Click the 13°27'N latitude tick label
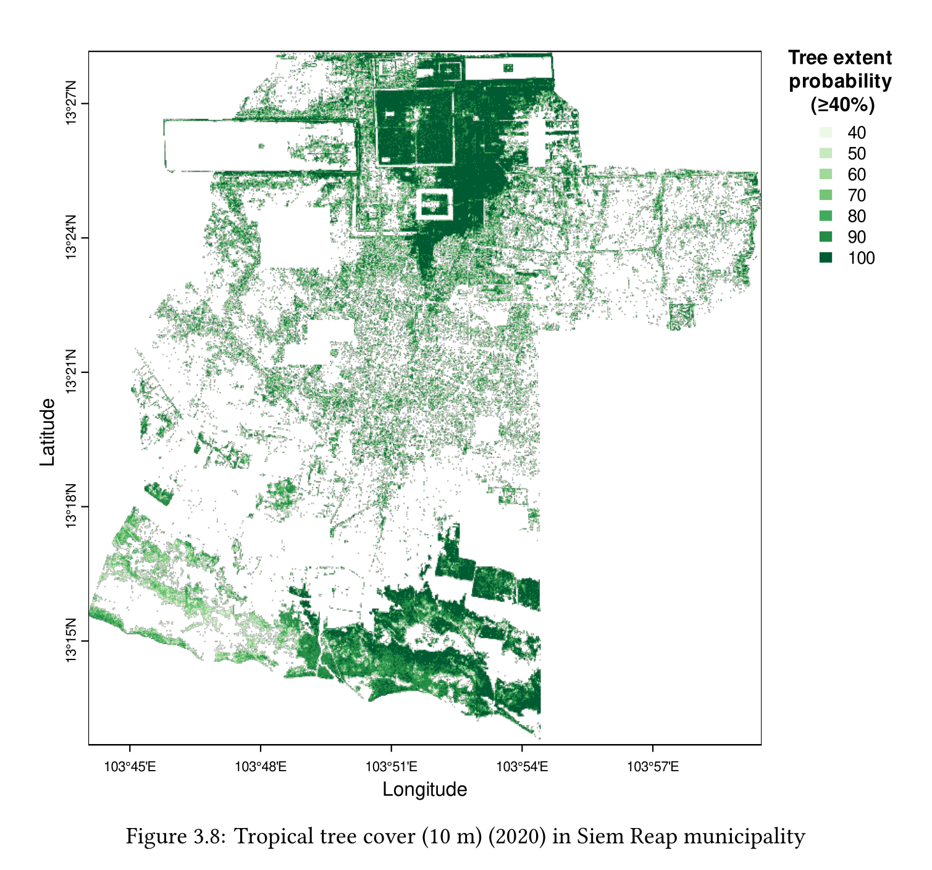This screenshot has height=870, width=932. (x=71, y=102)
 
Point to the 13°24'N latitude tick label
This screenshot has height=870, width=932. (x=71, y=237)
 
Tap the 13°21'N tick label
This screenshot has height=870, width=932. (x=71, y=372)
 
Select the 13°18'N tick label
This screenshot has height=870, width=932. (x=71, y=506)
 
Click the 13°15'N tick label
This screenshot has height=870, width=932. (x=71, y=640)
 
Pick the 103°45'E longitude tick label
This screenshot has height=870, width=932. (x=130, y=768)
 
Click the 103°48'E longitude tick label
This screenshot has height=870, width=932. (x=261, y=768)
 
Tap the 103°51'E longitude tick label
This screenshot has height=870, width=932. (x=392, y=768)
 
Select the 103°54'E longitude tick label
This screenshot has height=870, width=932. (x=523, y=768)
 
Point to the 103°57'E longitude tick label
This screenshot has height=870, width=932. (x=653, y=768)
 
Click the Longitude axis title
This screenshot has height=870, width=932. (x=425, y=790)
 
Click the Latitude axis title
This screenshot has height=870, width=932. (x=48, y=432)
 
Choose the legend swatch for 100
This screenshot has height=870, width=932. (x=826, y=257)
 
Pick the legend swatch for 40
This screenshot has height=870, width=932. (x=826, y=133)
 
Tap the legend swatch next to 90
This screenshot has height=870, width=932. (x=826, y=237)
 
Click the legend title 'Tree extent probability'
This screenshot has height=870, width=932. (x=840, y=82)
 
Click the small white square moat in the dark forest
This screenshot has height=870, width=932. (x=435, y=204)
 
